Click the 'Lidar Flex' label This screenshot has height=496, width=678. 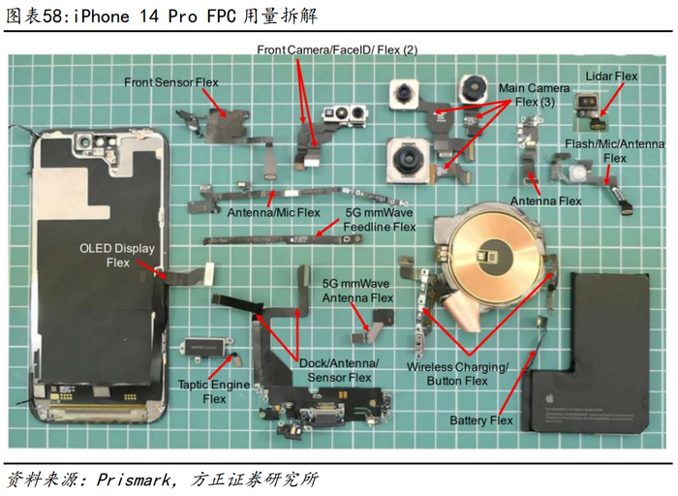(611, 77)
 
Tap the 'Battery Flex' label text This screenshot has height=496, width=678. (480, 420)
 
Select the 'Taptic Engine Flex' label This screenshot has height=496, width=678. (214, 391)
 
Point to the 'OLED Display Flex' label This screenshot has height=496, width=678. (117, 256)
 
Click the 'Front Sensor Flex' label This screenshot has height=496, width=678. (171, 82)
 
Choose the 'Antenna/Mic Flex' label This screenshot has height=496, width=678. (273, 213)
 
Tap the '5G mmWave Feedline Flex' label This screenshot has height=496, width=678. (380, 220)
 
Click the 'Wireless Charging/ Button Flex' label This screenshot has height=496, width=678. (457, 374)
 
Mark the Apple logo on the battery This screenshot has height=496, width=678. (549, 397)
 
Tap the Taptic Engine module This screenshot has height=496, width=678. (203, 347)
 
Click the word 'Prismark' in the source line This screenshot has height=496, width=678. (134, 480)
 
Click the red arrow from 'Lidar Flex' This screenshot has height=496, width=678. (611, 99)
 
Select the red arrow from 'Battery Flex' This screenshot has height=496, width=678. (516, 383)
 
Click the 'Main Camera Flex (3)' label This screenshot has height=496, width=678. (535, 95)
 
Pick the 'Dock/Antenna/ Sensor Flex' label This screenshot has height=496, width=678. (339, 370)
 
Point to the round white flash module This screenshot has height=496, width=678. (578, 172)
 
